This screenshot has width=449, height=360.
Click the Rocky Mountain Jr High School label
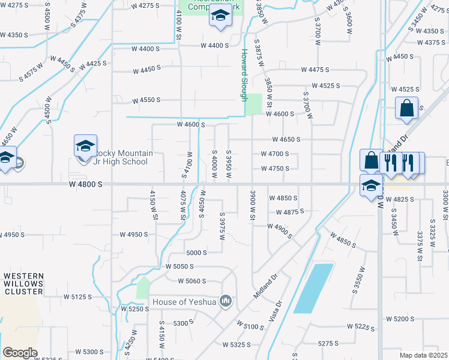120,157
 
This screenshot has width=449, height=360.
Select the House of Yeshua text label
184,301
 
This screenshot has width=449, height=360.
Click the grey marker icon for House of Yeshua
226,301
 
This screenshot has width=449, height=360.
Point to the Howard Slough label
245,74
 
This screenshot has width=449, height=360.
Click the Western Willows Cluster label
23,284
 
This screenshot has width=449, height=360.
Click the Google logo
20,353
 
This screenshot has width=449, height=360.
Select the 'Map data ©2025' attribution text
424,355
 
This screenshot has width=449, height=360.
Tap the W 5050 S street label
181,266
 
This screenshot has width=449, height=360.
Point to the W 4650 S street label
286,139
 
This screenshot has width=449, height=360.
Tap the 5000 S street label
197,253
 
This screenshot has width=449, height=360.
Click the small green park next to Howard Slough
254,104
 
